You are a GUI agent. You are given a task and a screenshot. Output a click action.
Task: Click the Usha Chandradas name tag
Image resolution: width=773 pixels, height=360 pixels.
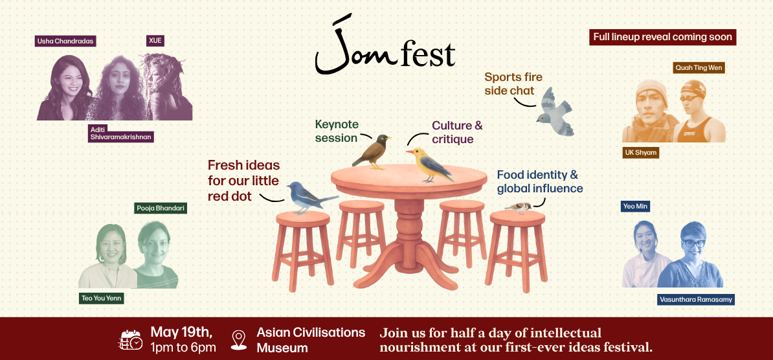pos(65,41)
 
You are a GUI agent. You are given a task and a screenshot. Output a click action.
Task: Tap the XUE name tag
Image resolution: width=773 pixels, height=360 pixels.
pos(155,41)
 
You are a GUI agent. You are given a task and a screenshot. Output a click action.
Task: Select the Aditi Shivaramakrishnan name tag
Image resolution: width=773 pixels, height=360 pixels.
pos(122,133)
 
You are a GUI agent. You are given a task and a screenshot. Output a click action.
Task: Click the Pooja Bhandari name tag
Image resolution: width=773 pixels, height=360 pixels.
pos(161,208)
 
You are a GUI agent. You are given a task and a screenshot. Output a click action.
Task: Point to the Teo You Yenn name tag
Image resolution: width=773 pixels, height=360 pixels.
pos(101,298)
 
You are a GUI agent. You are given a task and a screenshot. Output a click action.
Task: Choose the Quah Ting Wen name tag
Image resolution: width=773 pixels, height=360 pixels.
pos(699,67)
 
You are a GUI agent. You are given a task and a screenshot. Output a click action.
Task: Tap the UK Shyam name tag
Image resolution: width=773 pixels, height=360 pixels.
pos(640,153)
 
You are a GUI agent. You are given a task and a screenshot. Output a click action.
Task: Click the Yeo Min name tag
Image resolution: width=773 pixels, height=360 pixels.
pos(636,207)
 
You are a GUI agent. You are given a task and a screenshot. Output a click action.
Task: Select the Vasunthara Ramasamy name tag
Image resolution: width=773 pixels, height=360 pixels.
pos(695,299)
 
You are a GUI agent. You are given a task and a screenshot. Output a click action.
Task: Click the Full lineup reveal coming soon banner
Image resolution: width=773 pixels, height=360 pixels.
pos(663,37)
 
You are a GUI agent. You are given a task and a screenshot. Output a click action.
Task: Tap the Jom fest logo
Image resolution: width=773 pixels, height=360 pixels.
pos(385,47)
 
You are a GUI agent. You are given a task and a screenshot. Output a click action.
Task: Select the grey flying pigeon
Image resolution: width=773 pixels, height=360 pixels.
pos(555,112)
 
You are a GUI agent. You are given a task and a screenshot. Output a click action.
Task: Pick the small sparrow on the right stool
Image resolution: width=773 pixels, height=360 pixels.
pos(519,207)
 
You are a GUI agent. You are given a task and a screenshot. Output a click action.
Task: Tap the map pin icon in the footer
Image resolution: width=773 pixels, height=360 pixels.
pos(239,339)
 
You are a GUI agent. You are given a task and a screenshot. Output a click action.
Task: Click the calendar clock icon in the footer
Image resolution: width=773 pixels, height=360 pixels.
pos(131,339)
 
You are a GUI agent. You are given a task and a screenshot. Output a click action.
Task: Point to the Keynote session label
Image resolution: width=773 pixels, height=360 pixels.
pos(337,131)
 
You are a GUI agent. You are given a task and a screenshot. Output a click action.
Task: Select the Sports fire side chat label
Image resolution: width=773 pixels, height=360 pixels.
pos(513,84)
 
